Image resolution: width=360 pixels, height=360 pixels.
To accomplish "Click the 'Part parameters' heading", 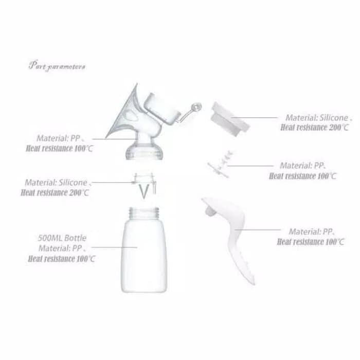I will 57,66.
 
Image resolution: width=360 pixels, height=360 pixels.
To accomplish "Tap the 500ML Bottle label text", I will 62,238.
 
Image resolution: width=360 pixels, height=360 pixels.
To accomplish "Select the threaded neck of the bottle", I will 144,212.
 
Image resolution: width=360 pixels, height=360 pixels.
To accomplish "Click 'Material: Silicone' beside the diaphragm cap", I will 317,118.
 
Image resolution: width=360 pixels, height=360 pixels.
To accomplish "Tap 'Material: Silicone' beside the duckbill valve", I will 56,183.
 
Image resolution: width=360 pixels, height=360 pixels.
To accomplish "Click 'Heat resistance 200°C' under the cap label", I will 314,128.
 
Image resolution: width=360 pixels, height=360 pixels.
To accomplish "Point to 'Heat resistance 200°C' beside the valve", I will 55,193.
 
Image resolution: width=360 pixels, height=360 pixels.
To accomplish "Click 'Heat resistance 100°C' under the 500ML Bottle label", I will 61,259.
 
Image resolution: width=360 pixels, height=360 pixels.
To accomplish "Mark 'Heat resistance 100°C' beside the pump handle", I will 311,242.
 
